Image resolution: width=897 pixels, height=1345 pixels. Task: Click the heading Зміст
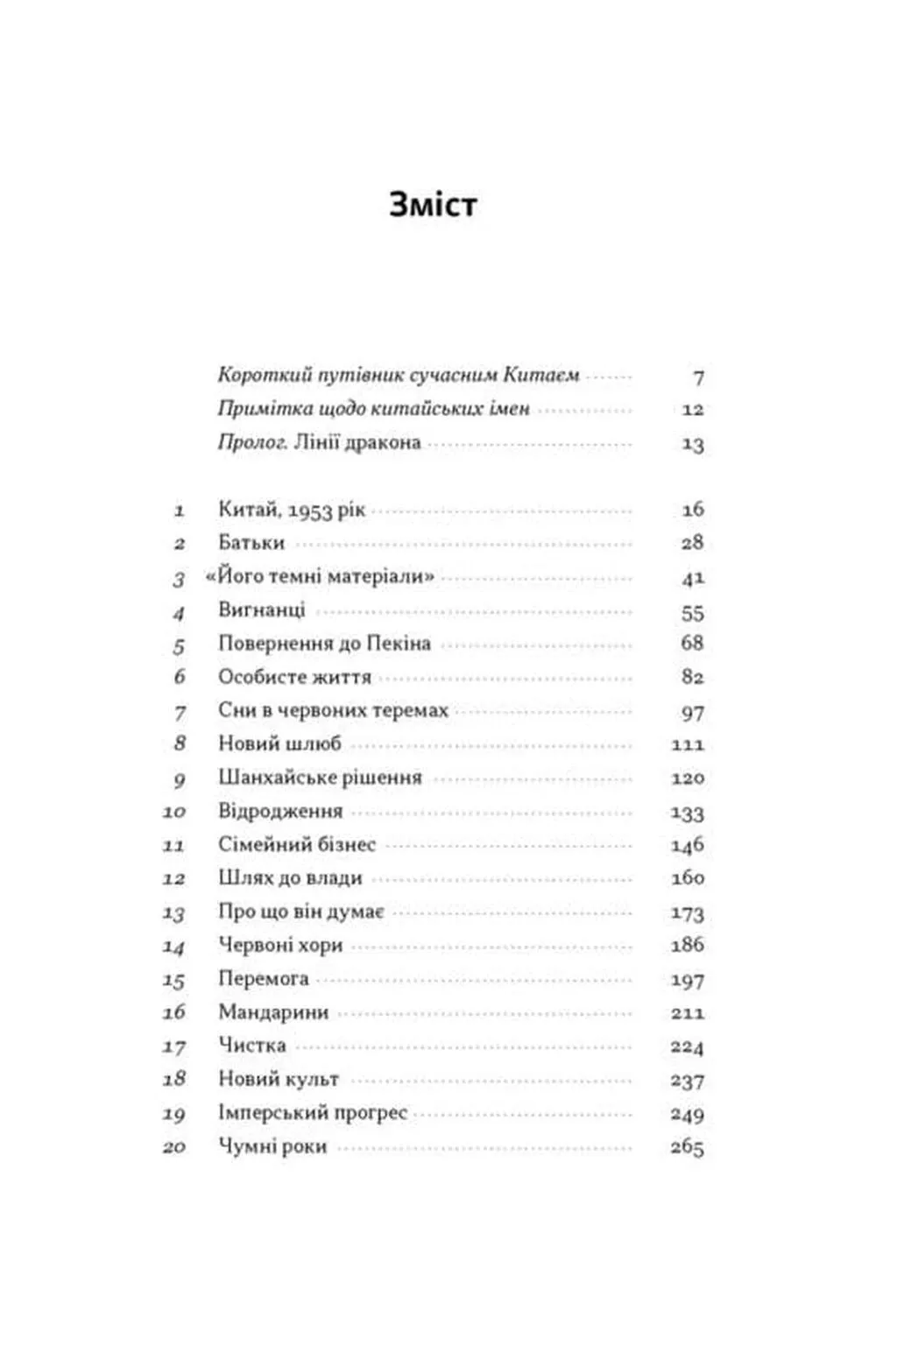point(433,204)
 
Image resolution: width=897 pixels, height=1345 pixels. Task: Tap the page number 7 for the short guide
point(698,377)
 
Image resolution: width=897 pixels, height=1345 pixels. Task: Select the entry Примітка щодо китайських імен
point(373,409)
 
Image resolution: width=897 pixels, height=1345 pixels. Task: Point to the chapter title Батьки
point(251,543)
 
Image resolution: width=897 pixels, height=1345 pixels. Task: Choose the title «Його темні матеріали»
point(320,577)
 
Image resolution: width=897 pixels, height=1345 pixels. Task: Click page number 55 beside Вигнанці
point(692,613)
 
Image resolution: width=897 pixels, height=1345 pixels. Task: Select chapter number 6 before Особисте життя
point(180,677)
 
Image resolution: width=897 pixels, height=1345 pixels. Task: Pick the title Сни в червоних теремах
point(333,710)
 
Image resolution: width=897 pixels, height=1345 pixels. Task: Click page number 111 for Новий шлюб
point(688,744)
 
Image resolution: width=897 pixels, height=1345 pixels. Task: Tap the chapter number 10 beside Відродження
point(173,812)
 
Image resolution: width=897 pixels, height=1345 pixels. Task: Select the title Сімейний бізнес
point(297,845)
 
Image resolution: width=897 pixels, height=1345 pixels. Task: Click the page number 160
point(688,878)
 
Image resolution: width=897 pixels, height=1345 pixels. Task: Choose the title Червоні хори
point(280,946)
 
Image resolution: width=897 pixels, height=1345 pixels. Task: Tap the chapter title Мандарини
point(273,1012)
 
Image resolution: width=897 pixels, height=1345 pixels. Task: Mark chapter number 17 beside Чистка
point(173,1046)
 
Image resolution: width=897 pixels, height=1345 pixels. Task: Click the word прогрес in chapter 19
point(372,1113)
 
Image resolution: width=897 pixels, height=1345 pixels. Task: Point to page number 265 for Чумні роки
point(688,1147)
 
